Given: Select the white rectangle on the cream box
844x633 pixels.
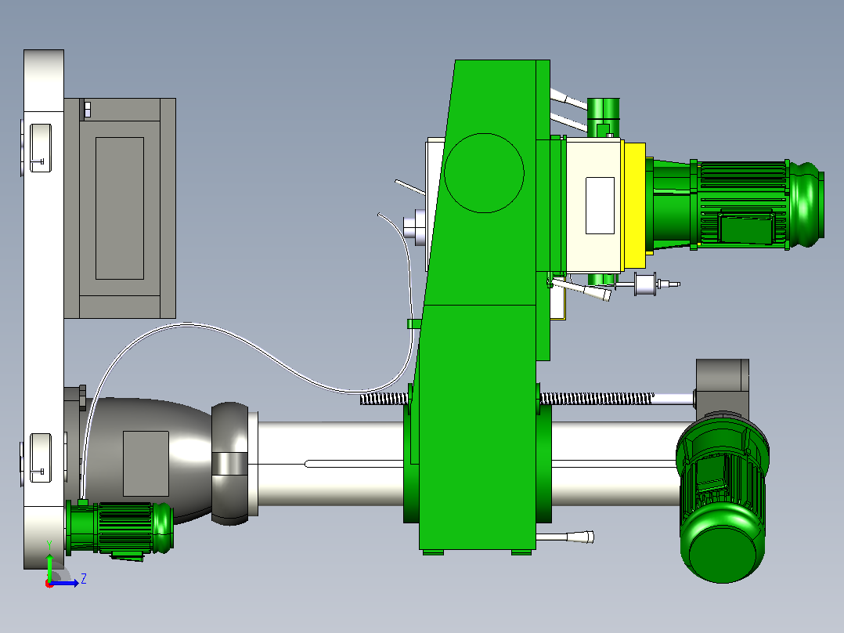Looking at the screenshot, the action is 601,205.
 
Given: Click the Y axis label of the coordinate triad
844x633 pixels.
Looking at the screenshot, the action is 49,544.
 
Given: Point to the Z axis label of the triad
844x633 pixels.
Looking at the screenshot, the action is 84,579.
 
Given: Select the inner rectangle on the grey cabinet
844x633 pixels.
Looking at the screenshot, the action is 120,208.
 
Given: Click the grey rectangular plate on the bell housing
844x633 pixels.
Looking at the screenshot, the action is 146,463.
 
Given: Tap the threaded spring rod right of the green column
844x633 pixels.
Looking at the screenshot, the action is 597,399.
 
